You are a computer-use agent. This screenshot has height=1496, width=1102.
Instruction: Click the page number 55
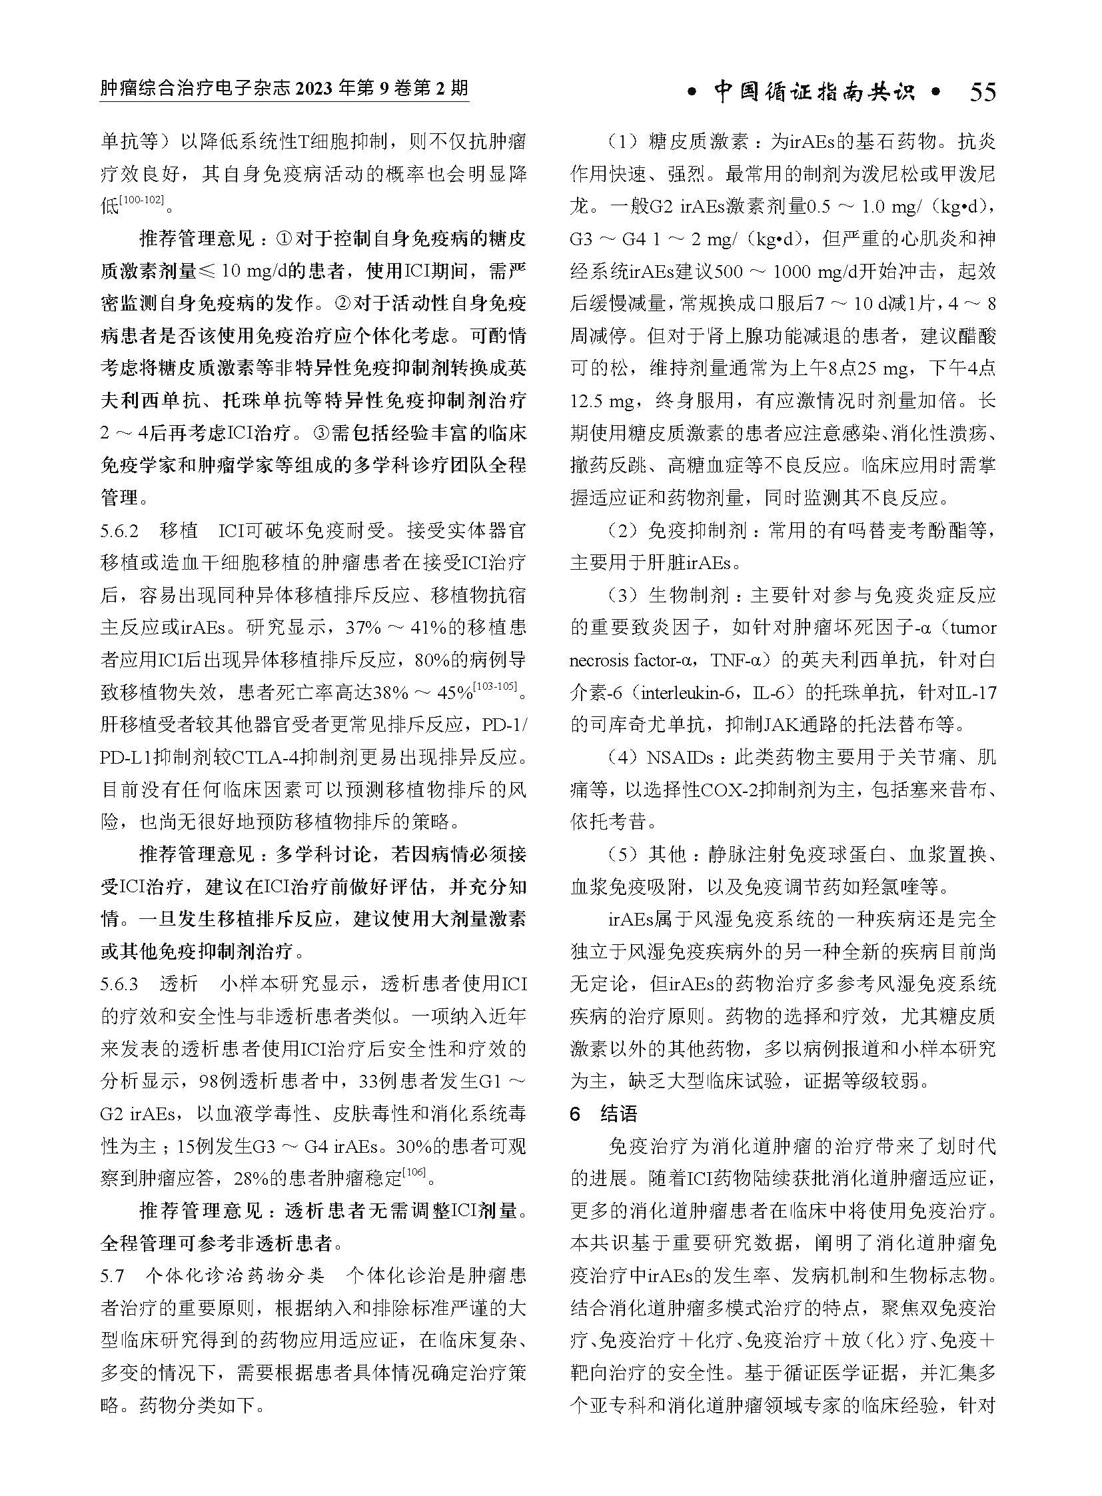[x=982, y=92]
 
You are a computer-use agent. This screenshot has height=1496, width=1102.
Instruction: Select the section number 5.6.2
[x=119, y=531]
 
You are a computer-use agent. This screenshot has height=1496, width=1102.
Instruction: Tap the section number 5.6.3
[x=119, y=984]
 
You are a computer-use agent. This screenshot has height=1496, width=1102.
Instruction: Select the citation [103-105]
[x=496, y=686]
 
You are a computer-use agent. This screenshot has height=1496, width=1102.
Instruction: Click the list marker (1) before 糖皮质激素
[x=620, y=142]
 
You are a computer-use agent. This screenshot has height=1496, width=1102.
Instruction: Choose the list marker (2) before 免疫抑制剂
[x=620, y=531]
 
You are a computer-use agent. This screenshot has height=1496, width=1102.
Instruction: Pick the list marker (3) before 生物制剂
[x=620, y=596]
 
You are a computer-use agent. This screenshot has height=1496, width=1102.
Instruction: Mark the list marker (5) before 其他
[x=620, y=856]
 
